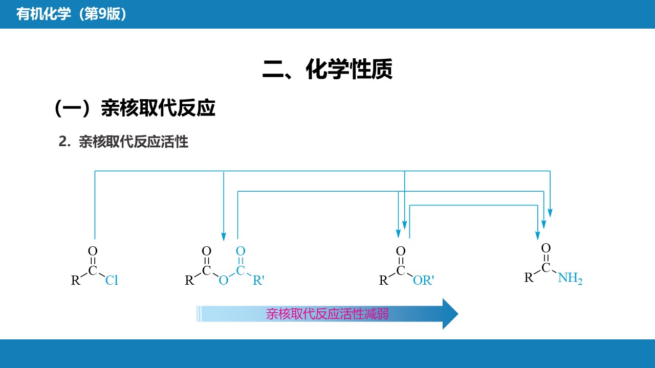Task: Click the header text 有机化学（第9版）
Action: (71, 14)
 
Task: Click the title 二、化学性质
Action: (327, 69)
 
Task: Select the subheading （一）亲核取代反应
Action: (135, 108)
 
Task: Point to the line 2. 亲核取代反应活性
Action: (124, 142)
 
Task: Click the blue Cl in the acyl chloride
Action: (112, 280)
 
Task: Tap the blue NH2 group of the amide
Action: (570, 278)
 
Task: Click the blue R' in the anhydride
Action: (258, 280)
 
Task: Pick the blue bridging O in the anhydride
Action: (223, 280)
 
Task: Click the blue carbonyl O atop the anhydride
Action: (241, 251)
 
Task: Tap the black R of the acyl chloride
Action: (76, 280)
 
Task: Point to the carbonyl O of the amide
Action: (546, 248)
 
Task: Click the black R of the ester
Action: (384, 280)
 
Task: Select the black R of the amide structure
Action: (529, 278)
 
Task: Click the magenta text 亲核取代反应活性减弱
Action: (327, 314)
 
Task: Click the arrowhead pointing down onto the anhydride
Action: (224, 236)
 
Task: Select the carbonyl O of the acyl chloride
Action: (93, 251)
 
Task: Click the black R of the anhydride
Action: (189, 280)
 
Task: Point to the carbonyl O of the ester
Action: (401, 251)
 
